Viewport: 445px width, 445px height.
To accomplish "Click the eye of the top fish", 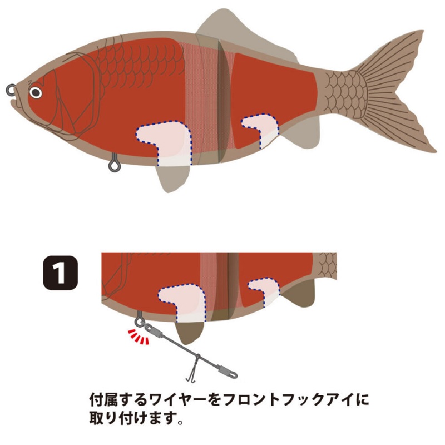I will tap(36, 92).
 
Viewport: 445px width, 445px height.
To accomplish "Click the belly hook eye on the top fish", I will tap(114, 164).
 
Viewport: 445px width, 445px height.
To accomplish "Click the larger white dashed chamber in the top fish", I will tap(164, 142).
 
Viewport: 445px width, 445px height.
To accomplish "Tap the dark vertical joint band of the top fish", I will tap(222, 103).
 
